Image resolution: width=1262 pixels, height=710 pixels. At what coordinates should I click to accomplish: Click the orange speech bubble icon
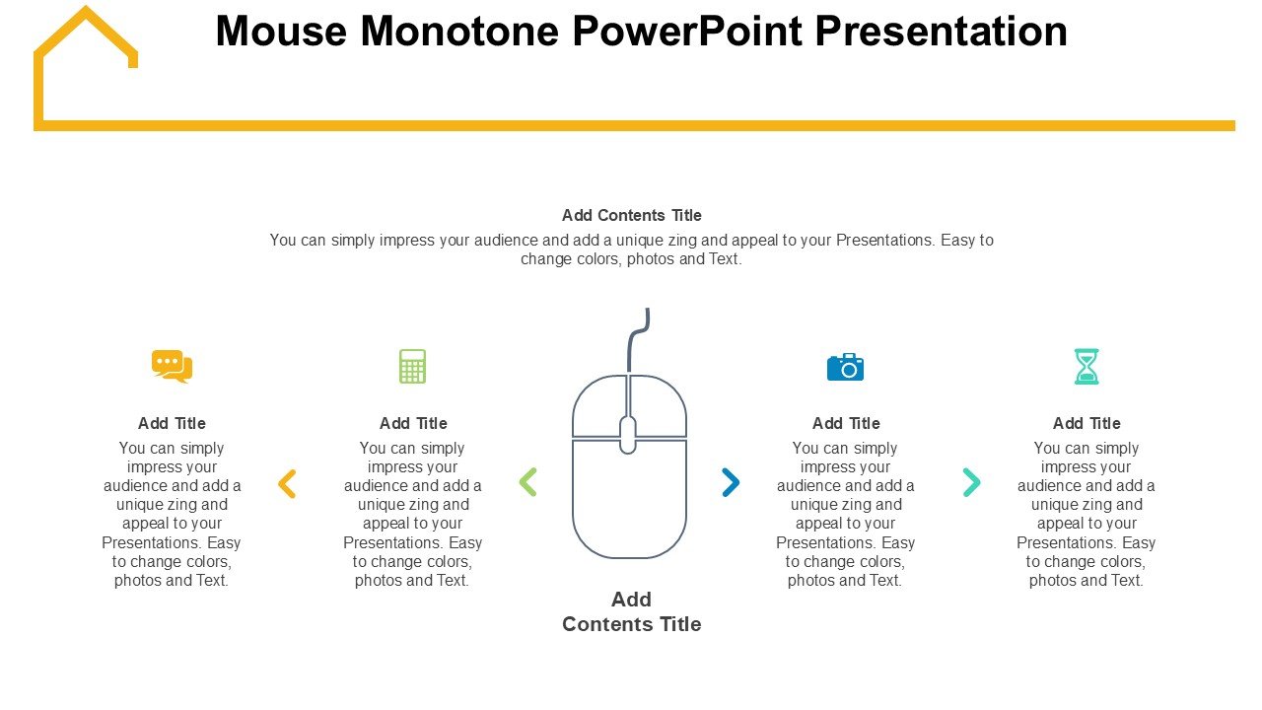coord(172,366)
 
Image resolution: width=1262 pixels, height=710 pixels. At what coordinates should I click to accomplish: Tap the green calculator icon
coord(412,366)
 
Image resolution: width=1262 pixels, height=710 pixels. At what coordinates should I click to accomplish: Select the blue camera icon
coord(845,368)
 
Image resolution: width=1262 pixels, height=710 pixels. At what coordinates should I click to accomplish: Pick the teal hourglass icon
coord(1087,366)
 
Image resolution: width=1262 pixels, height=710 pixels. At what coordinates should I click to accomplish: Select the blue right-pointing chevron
coord(732,482)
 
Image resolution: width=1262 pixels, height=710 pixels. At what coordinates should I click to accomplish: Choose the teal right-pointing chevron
coord(972,482)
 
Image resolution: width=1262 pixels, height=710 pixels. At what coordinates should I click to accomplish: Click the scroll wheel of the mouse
coord(628,435)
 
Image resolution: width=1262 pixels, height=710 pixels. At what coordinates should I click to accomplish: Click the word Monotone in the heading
coord(459,31)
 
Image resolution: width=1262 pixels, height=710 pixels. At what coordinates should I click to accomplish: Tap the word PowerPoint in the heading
coord(687,31)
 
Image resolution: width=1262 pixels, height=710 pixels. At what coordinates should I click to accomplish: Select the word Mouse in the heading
coord(281,31)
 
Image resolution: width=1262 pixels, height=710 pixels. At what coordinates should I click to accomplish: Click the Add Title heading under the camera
coord(846,423)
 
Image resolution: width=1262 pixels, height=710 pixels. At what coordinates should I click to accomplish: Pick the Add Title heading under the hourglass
coord(1087,423)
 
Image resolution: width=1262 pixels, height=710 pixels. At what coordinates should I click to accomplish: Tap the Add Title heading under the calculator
coord(413,423)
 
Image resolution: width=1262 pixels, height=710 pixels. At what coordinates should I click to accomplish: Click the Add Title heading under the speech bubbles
coord(172,423)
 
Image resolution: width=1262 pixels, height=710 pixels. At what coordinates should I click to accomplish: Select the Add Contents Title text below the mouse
coord(632,612)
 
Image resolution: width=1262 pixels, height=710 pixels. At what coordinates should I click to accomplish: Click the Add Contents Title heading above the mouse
coord(632,215)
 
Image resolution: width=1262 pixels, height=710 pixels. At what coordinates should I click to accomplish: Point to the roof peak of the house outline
coord(86,8)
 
